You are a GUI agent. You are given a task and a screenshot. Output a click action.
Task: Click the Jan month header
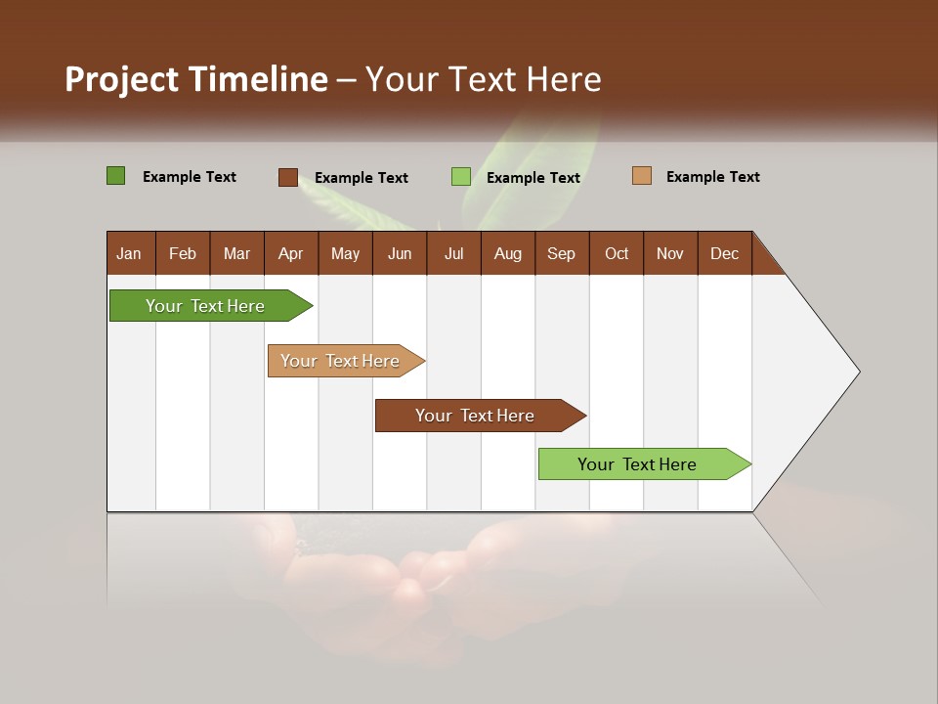pyautogui.click(x=129, y=253)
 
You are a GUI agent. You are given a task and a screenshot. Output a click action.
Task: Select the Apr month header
pyautogui.click(x=290, y=253)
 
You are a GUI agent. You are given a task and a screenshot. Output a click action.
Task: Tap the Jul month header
pyautogui.click(x=453, y=253)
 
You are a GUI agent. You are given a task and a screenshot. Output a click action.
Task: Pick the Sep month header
pyautogui.click(x=561, y=253)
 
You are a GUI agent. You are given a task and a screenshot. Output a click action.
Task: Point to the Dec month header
pyautogui.click(x=724, y=253)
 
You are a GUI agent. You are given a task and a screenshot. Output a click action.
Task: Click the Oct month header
pyautogui.click(x=617, y=253)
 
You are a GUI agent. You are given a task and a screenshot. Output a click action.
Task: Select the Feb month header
pyautogui.click(x=183, y=253)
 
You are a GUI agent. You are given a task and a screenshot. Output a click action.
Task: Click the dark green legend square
pyautogui.click(x=115, y=176)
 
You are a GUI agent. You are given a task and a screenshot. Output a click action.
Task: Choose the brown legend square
pyautogui.click(x=287, y=177)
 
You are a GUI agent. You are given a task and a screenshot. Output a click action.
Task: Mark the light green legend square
pyautogui.click(x=460, y=177)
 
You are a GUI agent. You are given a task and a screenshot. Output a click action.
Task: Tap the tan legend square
pyautogui.click(x=641, y=176)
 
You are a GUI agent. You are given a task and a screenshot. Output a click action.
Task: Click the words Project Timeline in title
pyautogui.click(x=195, y=79)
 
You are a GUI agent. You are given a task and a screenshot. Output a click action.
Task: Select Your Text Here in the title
pyautogui.click(x=484, y=79)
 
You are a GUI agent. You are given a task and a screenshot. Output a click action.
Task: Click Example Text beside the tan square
pyautogui.click(x=712, y=177)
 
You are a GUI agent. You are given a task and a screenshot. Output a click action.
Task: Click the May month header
pyautogui.click(x=345, y=253)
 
